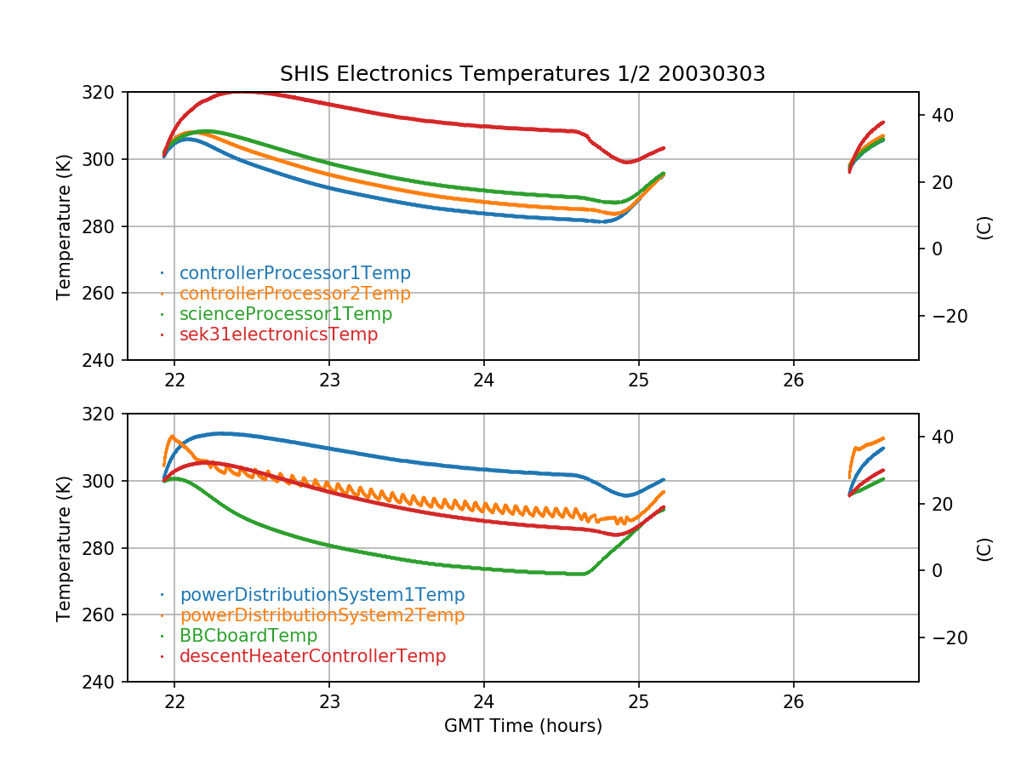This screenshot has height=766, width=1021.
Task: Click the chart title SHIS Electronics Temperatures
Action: click(522, 74)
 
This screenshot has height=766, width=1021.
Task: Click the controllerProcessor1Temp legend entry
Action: click(294, 273)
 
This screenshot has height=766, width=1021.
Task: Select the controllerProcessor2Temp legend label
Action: click(294, 294)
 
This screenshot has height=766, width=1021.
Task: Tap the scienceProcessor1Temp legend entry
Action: click(285, 314)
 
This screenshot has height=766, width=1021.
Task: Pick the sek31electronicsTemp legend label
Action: click(278, 334)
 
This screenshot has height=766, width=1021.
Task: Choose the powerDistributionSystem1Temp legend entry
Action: click(322, 595)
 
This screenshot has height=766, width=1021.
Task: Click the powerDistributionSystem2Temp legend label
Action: click(322, 615)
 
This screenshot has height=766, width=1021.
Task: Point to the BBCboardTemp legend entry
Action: click(248, 636)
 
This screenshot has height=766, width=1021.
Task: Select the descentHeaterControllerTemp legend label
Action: click(312, 656)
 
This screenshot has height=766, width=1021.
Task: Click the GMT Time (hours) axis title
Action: click(522, 726)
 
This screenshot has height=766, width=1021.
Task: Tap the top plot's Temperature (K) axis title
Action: click(63, 226)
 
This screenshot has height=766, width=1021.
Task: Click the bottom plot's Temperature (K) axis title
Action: click(63, 547)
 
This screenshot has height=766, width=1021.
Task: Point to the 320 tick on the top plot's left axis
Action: click(104, 92)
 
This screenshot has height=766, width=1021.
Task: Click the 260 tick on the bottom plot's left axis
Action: click(104, 615)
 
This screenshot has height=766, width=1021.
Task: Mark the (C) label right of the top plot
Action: click(984, 226)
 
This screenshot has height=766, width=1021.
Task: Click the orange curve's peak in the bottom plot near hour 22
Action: click(172, 437)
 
